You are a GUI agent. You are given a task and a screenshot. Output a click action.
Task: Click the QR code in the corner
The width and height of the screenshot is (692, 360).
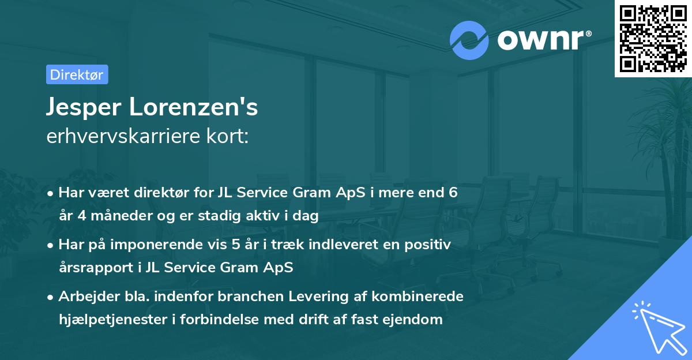[x=653, y=39]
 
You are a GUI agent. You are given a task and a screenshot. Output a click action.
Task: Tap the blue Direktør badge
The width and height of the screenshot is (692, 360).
[x=77, y=74]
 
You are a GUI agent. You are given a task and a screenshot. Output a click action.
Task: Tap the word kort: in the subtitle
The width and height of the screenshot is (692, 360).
[x=230, y=136]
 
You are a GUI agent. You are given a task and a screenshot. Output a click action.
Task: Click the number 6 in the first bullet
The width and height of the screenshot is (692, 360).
[x=453, y=192]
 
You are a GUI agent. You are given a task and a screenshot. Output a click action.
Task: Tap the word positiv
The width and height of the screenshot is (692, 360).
[x=428, y=244]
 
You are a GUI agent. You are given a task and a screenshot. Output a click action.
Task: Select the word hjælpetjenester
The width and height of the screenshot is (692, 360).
[x=115, y=319]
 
